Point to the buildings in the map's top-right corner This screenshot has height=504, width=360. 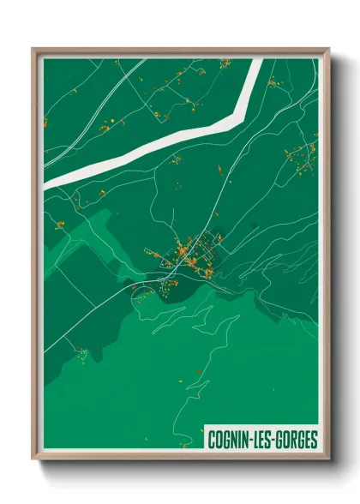(x=273, y=83)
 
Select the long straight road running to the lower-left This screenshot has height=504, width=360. (x=94, y=317)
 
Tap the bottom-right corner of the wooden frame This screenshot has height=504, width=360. (x=329, y=459)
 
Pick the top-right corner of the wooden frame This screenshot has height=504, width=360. (x=329, y=50)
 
